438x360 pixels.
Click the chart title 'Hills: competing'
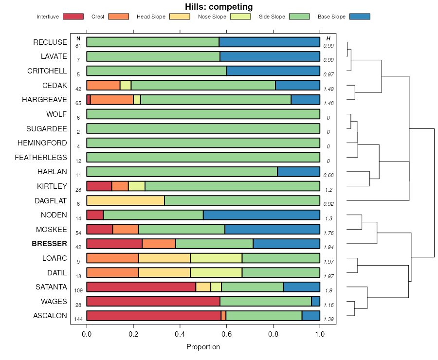[x=219, y=7]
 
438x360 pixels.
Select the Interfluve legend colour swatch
[x=73, y=17]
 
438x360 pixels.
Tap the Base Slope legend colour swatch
[x=360, y=17]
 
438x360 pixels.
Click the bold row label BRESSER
[x=49, y=244]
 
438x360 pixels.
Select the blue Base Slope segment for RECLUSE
[x=269, y=42]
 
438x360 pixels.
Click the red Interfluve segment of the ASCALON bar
[x=154, y=316]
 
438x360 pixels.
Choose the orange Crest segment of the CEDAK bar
[x=103, y=85]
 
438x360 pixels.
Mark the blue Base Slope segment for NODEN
[x=261, y=215]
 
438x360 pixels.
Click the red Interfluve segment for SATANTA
[x=141, y=287]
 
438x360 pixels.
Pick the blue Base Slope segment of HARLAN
[x=298, y=172]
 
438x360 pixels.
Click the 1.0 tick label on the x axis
[x=320, y=334]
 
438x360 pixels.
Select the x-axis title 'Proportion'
[x=203, y=347]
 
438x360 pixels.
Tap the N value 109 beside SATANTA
[x=78, y=290]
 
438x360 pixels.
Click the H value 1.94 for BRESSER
[x=328, y=247]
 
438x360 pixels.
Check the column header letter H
[x=328, y=38]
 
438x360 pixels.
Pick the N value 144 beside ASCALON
[x=78, y=319]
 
